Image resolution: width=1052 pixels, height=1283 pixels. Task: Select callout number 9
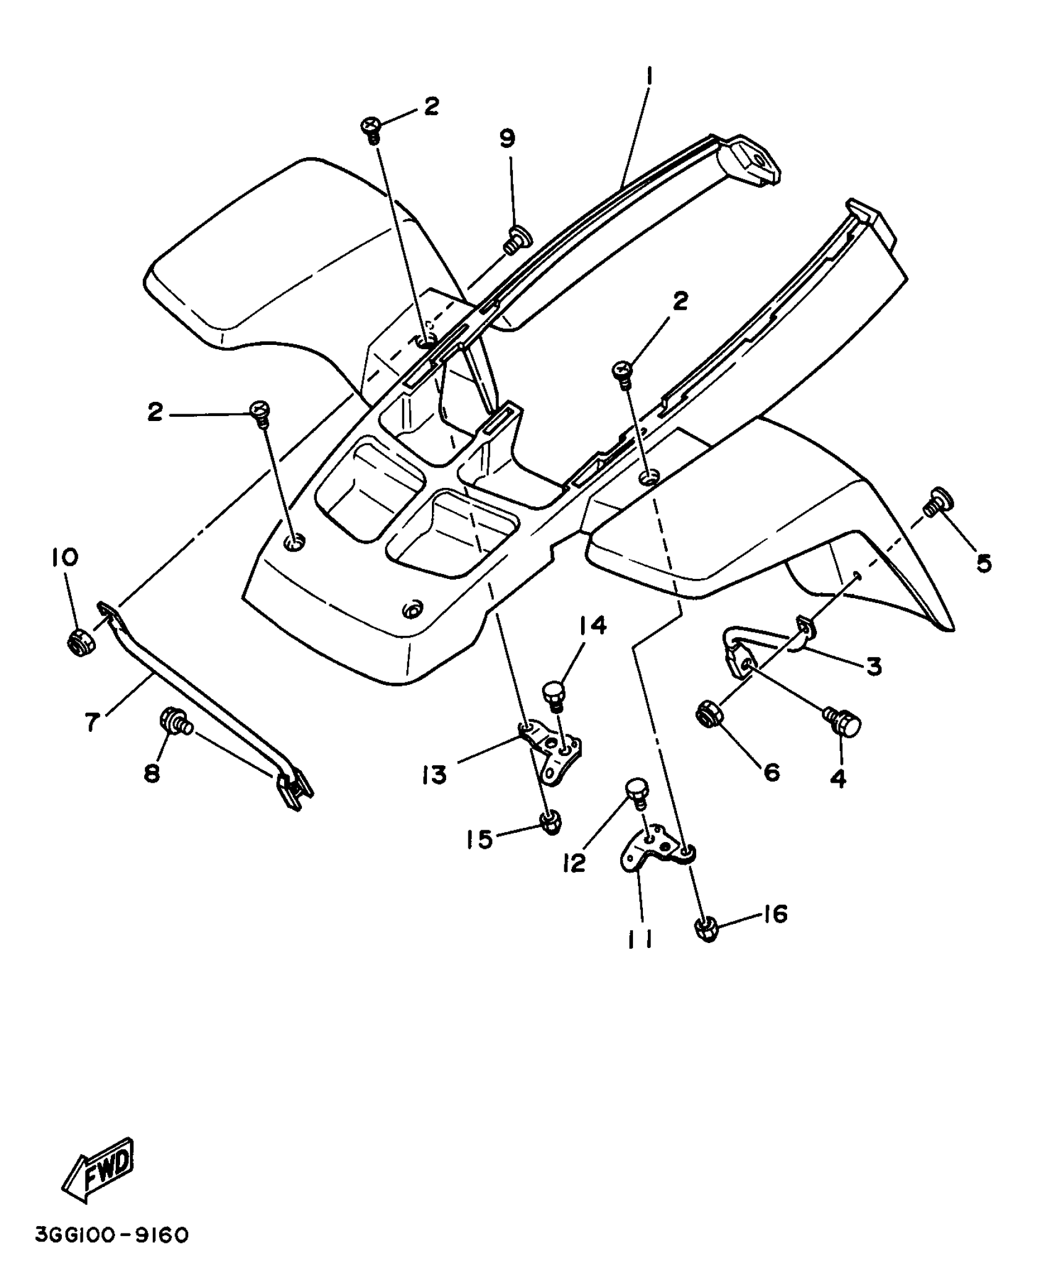tap(507, 139)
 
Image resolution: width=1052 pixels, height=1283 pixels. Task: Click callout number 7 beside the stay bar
tap(93, 721)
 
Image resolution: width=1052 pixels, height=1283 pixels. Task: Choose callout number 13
tap(434, 774)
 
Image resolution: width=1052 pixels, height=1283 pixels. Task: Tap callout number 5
tap(984, 562)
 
